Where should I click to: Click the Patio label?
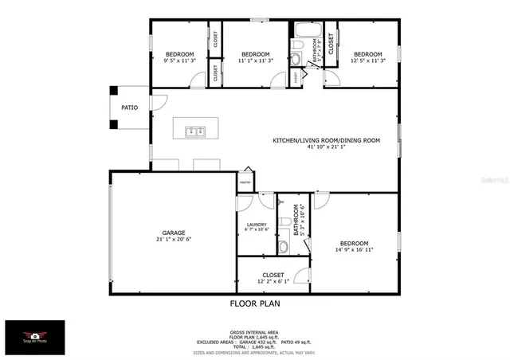129,106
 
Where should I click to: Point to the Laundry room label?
256,225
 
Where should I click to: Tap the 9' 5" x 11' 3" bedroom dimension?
179,59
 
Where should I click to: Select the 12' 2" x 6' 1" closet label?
265,281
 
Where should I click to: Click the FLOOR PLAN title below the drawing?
254,303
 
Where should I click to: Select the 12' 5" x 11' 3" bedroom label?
369,59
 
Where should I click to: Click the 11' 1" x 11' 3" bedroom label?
256,59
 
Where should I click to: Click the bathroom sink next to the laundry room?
283,247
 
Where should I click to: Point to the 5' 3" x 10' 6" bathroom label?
299,220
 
